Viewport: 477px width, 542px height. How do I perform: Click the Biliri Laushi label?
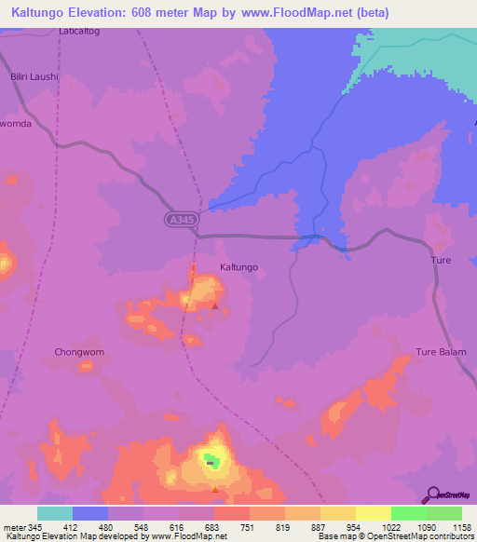pos(34,78)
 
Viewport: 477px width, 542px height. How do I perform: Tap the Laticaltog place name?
pos(78,31)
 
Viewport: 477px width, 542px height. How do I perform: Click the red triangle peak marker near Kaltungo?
pos(215,305)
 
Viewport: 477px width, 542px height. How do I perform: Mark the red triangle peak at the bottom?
pos(215,489)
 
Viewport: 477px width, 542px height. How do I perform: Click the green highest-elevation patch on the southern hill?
pos(212,461)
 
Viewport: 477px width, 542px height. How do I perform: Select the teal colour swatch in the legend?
pos(55,513)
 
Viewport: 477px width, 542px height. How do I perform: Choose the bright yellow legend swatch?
pos(373,513)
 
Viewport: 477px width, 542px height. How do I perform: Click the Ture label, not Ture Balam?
pos(441,261)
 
